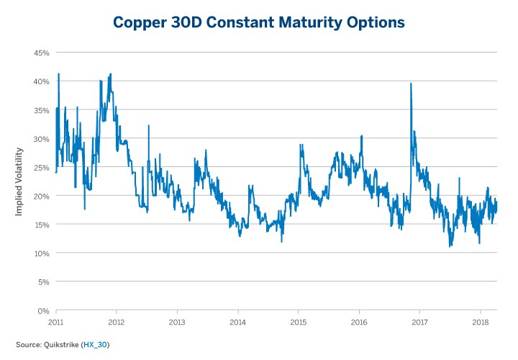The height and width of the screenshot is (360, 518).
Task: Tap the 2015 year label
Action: [299, 322]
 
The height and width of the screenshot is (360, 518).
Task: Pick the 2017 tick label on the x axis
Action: [420, 322]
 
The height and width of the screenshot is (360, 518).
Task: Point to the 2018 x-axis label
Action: [481, 322]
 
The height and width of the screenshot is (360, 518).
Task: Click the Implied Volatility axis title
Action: [19, 181]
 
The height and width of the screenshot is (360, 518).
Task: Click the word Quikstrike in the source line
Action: [61, 344]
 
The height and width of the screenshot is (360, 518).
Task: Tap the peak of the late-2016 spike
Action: [411, 84]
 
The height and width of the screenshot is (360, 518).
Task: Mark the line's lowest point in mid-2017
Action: [450, 247]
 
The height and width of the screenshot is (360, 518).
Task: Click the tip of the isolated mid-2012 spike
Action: [149, 126]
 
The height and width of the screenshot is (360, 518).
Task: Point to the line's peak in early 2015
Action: [301, 144]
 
